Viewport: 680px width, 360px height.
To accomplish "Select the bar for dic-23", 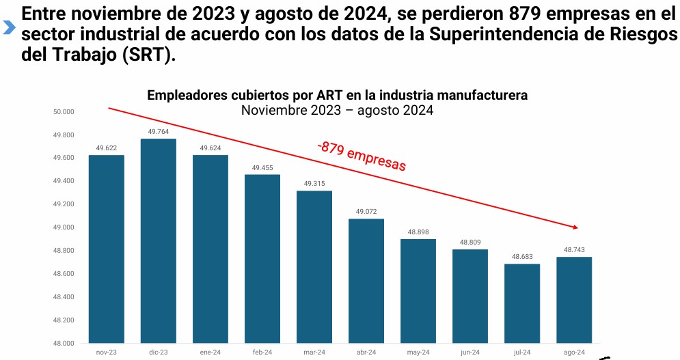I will click(158, 240).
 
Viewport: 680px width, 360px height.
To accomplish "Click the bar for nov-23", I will click(106, 249).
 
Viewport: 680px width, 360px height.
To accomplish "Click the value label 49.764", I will click(158, 132).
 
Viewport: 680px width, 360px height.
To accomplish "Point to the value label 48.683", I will click(522, 257).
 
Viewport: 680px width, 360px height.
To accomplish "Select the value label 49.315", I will click(314, 184).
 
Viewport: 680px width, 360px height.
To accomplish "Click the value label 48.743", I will click(574, 250).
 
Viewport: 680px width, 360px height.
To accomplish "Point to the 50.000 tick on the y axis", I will click(64, 111).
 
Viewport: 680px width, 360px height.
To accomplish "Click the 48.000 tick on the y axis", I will click(64, 343).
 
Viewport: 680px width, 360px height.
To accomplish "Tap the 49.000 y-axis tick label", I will click(64, 227).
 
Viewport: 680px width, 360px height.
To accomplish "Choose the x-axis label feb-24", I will click(262, 352).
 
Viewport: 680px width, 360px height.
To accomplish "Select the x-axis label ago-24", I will click(574, 352).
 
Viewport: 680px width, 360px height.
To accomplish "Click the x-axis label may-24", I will click(418, 352).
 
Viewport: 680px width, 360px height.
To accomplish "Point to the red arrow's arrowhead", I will click(575, 227).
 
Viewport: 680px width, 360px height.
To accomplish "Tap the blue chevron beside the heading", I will click(9, 28).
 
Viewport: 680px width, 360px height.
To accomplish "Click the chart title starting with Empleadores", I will click(337, 95).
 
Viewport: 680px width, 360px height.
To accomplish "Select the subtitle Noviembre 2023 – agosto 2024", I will click(337, 110).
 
